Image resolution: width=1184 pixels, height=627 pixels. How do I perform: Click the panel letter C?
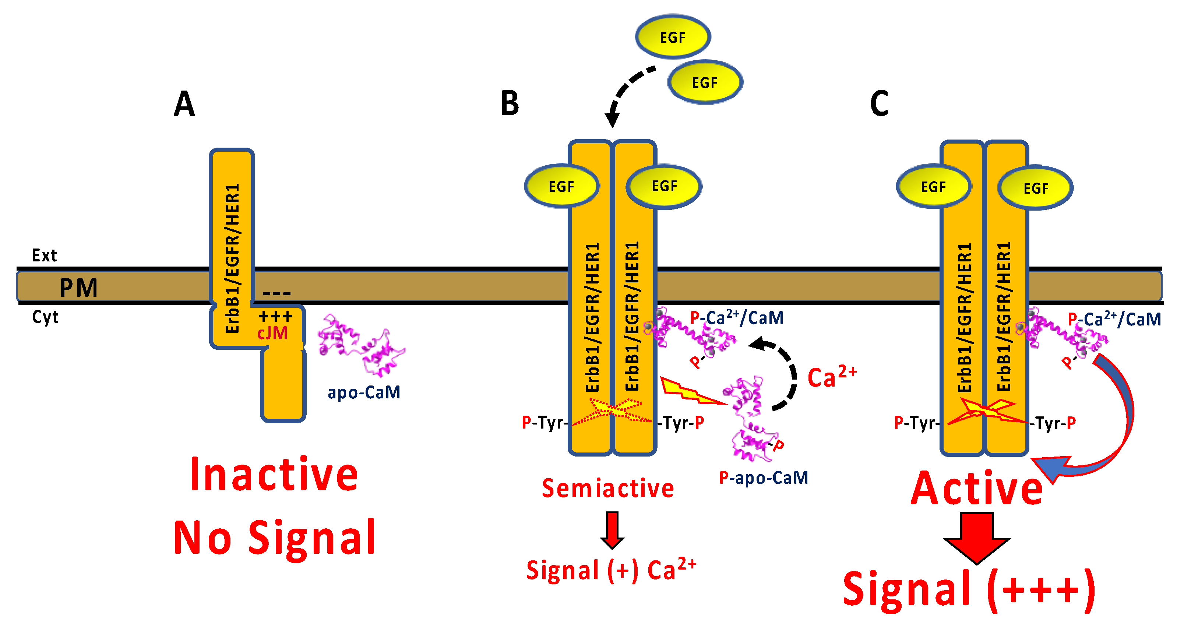coord(879,104)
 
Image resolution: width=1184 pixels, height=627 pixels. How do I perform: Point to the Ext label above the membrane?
coord(44,256)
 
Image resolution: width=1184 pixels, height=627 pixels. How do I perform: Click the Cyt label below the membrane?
coord(45,317)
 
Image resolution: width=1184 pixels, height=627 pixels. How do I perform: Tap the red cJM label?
coord(272,333)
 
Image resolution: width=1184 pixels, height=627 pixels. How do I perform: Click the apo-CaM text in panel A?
coord(364,392)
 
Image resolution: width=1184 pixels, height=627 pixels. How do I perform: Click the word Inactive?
coord(274,475)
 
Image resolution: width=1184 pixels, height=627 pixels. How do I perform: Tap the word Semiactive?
coord(607,489)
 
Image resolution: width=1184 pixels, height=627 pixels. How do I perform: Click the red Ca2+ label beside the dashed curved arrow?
coord(832,377)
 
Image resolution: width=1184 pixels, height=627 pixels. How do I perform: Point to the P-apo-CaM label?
coord(763,478)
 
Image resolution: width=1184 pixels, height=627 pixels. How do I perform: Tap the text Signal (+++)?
coord(968,590)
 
